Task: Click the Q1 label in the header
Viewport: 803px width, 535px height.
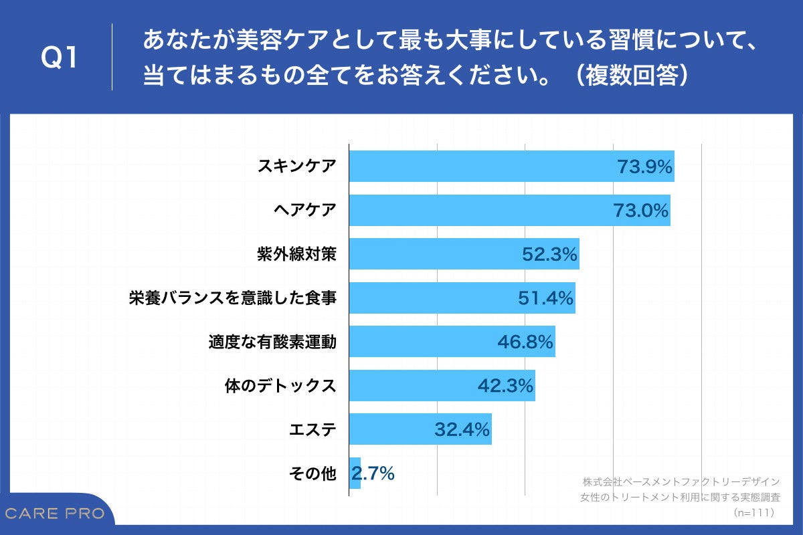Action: point(60,58)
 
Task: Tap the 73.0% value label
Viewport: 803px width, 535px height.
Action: point(641,211)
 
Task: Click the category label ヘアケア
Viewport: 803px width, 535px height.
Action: point(304,211)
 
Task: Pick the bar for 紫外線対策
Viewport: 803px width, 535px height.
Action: point(435,254)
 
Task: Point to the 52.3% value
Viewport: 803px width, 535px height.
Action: point(549,255)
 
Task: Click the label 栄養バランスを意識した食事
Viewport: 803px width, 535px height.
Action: point(232,298)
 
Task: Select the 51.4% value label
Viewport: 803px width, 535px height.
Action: point(546,298)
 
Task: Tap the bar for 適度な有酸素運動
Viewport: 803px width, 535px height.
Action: point(422,342)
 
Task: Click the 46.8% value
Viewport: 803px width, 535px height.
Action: point(525,342)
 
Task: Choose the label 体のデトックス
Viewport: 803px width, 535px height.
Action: point(279,386)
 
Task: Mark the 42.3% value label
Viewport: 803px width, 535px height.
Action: point(505,386)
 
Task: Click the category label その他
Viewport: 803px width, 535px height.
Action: point(312,473)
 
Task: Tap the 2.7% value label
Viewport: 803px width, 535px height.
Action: point(373,473)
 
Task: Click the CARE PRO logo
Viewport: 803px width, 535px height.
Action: point(55,514)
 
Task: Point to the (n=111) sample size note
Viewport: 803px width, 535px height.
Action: point(753,512)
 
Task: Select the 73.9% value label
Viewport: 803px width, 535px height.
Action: point(644,167)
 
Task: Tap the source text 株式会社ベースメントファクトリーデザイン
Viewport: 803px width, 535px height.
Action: point(681,481)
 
